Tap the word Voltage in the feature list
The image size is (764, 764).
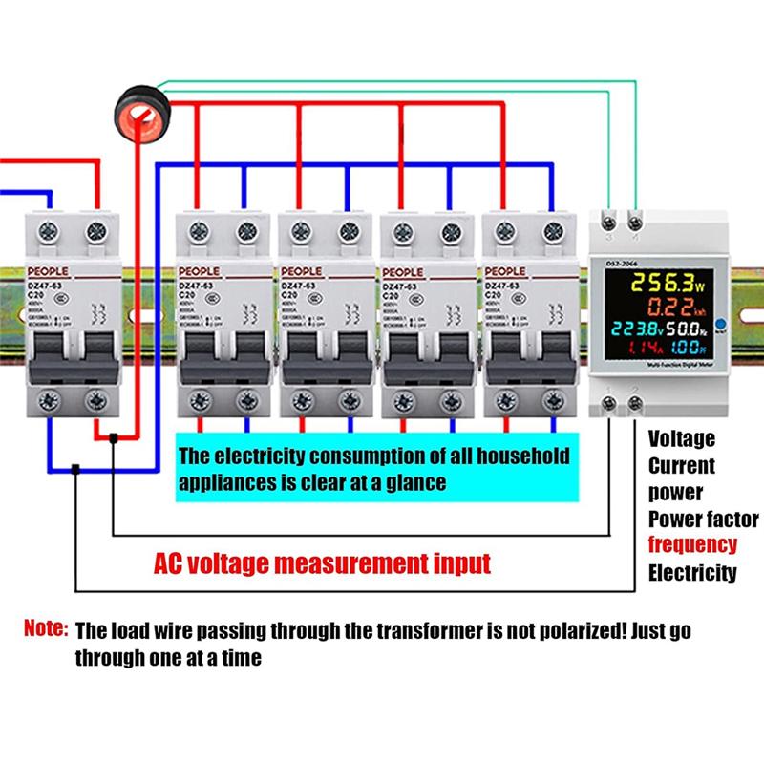681,439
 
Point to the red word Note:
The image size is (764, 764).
46,630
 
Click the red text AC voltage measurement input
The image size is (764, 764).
323,562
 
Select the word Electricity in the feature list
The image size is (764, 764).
692,573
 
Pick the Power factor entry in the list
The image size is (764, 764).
704,520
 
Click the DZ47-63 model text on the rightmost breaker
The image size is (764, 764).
507,285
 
